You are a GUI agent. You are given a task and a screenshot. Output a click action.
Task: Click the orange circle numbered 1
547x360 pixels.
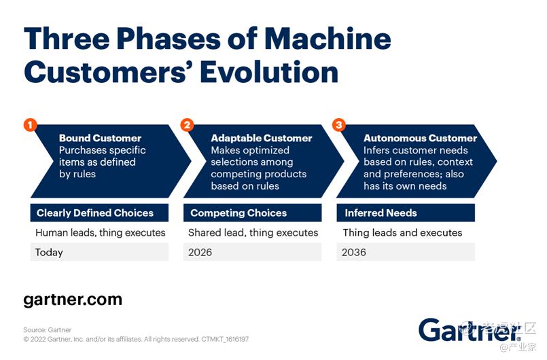31,125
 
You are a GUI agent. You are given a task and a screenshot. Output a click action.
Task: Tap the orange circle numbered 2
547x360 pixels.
187,125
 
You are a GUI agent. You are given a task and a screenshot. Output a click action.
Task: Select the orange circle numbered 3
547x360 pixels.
339,125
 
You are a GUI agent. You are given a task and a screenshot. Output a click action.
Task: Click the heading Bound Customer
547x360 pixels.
100,138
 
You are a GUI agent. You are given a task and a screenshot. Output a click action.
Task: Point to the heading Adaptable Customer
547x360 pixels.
262,138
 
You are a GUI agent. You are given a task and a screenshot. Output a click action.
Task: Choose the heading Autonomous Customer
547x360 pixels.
420,138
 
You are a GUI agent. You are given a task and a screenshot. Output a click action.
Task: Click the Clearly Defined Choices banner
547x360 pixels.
99,213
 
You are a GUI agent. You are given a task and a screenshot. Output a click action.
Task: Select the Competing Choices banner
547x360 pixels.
252,213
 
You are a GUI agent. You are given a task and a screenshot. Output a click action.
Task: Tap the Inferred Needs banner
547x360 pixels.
406,213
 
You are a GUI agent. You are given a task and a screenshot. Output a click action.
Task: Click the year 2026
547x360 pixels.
200,252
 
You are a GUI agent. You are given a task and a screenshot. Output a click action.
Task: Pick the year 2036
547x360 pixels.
354,252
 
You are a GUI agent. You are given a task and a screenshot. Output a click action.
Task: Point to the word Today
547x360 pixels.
49,253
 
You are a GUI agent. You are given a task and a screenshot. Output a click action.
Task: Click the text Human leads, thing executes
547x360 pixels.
101,233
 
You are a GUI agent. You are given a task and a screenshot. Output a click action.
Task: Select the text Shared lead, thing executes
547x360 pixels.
253,233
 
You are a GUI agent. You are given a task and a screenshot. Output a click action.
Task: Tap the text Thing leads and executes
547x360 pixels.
402,233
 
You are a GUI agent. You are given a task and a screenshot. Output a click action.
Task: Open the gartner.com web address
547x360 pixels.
73,300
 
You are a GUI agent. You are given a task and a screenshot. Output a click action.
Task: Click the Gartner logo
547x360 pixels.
470,329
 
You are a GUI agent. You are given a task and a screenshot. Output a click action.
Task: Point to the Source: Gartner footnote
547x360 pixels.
47,329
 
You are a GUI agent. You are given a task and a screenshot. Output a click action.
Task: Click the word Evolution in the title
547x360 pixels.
269,72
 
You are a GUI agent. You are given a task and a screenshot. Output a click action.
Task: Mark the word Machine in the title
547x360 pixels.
328,38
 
